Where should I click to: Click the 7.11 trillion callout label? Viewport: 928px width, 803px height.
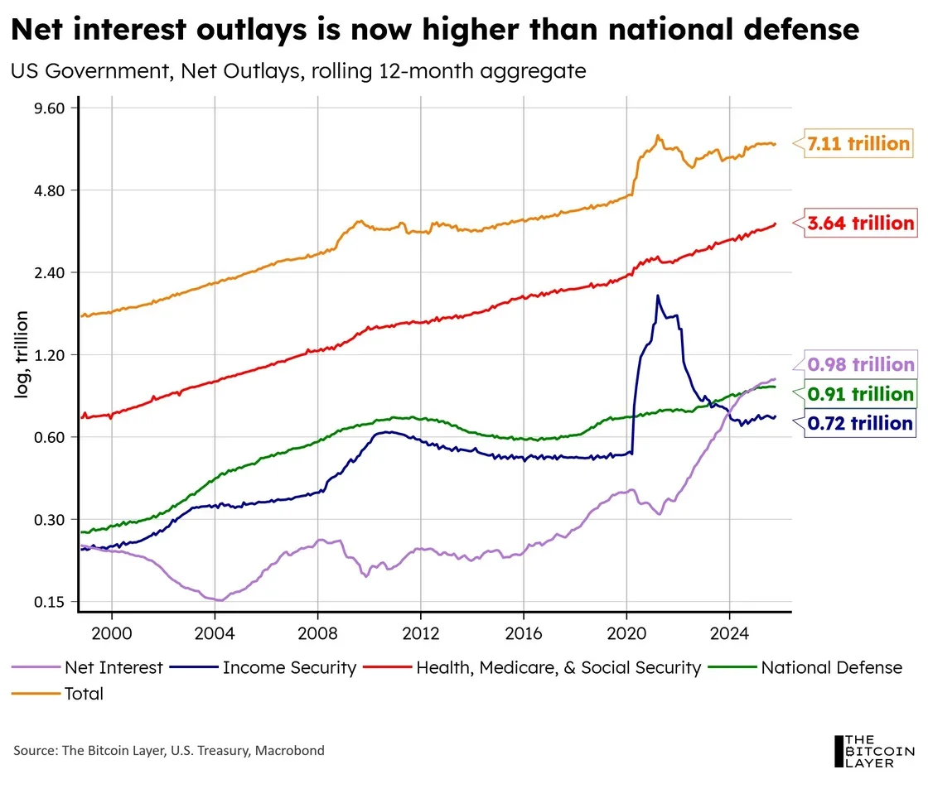pyautogui.click(x=858, y=144)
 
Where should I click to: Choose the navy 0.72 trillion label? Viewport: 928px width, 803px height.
pyautogui.click(x=860, y=423)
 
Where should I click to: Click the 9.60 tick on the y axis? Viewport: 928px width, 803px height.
pyautogui.click(x=49, y=108)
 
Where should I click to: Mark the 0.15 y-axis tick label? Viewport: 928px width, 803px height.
pyautogui.click(x=49, y=602)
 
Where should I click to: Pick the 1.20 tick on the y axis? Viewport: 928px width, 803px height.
pyautogui.click(x=49, y=355)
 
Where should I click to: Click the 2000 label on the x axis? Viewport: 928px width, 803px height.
pyautogui.click(x=112, y=634)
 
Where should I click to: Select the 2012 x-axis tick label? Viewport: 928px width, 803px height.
pyautogui.click(x=421, y=634)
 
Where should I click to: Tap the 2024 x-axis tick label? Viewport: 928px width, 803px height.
pyautogui.click(x=730, y=634)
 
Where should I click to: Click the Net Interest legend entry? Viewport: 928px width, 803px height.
pyautogui.click(x=87, y=667)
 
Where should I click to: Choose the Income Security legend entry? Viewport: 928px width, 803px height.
pyautogui.click(x=263, y=667)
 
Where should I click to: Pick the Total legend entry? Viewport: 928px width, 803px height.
pyautogui.click(x=57, y=694)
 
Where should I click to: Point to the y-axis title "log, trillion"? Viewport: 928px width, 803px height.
pyautogui.click(x=22, y=354)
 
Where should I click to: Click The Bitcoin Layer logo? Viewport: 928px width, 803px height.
pyautogui.click(x=873, y=751)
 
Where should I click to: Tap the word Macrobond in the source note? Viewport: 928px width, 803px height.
pyautogui.click(x=289, y=750)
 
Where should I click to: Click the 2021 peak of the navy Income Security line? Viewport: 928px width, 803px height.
pyautogui.click(x=658, y=295)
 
